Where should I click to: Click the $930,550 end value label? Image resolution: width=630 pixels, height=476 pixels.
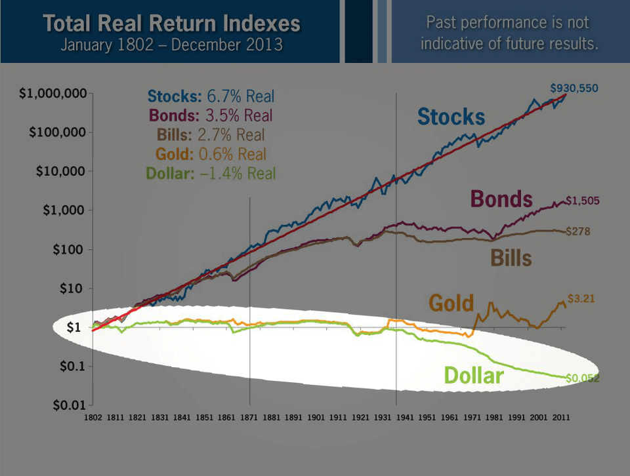[574, 87]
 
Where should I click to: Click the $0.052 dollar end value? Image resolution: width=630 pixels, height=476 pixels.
[584, 378]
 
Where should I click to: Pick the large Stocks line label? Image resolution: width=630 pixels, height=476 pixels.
[451, 117]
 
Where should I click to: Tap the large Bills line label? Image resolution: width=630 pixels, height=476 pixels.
[511, 258]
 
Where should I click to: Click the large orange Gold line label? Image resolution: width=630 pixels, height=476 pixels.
[451, 303]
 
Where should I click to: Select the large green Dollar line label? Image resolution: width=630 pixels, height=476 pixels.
[474, 375]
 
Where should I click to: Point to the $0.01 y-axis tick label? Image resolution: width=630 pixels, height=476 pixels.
[68, 405]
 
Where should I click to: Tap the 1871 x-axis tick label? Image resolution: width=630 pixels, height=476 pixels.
[250, 417]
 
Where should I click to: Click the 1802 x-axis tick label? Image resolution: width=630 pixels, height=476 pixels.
[93, 417]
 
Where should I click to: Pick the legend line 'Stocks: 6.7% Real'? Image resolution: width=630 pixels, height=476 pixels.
[211, 97]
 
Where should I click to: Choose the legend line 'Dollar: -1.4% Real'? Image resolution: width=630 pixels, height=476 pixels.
[210, 173]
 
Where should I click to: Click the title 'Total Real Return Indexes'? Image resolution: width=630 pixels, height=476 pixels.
[172, 24]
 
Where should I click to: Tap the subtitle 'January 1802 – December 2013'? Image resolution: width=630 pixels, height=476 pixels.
[172, 46]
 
